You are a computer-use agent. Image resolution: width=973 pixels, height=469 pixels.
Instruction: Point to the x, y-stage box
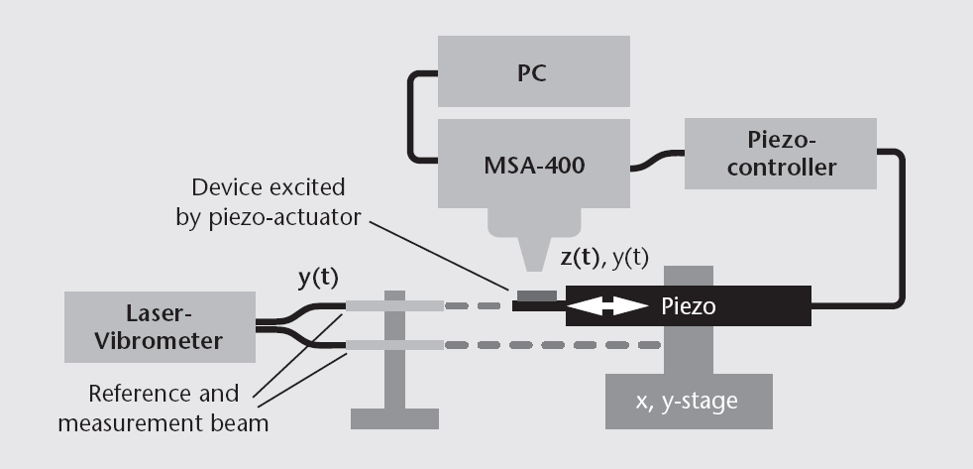689,402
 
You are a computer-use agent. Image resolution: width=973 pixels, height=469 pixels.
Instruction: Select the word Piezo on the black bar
689,307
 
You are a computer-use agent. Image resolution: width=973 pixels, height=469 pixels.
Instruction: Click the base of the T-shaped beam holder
394,416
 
